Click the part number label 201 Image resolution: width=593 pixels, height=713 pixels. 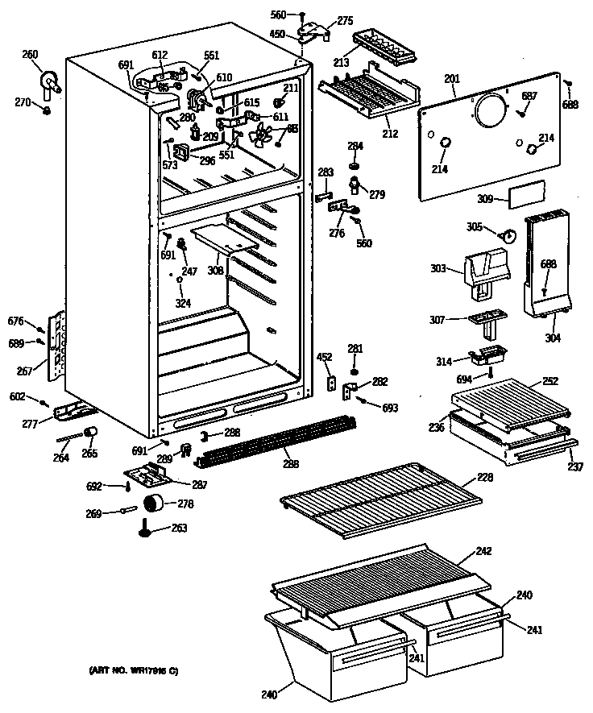pyautogui.click(x=451, y=79)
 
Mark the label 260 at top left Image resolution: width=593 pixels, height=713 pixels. pyautogui.click(x=30, y=55)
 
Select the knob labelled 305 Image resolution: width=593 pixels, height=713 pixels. pyautogui.click(x=508, y=234)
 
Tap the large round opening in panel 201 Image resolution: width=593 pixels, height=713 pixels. pyautogui.click(x=489, y=110)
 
